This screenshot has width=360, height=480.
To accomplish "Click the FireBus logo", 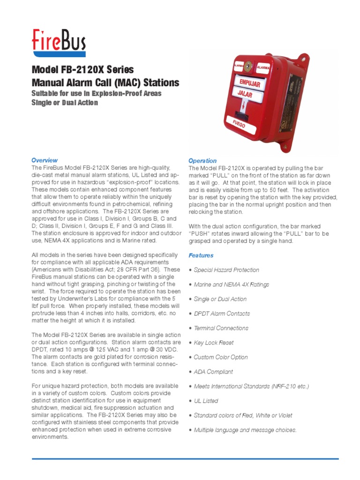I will click(x=59, y=41).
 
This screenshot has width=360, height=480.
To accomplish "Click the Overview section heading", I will click(x=45, y=160).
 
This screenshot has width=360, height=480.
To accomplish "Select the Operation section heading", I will click(x=202, y=161).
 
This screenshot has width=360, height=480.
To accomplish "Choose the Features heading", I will click(x=201, y=255).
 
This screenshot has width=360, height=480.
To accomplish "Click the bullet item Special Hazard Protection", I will click(x=226, y=270).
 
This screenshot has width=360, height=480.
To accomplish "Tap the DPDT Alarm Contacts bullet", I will click(x=222, y=314).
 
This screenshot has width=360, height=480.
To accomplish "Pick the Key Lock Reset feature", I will click(x=214, y=343).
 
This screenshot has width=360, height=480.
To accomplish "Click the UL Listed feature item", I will click(x=206, y=401).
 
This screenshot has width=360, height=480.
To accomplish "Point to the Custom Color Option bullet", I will click(x=221, y=357).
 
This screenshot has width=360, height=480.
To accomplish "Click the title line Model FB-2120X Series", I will click(x=82, y=70).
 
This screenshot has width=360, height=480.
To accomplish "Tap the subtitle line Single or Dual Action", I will click(x=65, y=102).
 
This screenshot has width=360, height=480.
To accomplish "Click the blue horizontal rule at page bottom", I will click(x=185, y=458).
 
